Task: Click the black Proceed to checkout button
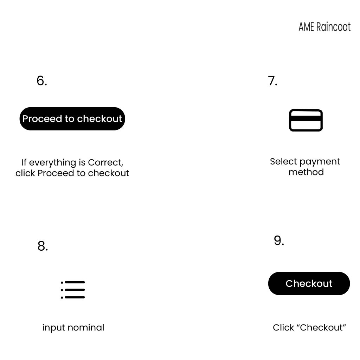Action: pyautogui.click(x=72, y=119)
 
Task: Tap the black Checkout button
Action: pyautogui.click(x=309, y=283)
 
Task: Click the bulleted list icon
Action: pyautogui.click(x=73, y=290)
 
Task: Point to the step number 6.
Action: pyautogui.click(x=42, y=81)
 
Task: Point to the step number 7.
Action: pyautogui.click(x=272, y=81)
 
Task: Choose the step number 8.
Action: pyautogui.click(x=43, y=246)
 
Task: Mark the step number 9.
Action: pyautogui.click(x=279, y=240)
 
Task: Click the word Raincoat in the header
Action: pyautogui.click(x=333, y=27)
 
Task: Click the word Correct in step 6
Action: pyautogui.click(x=105, y=162)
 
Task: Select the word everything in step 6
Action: pyautogui.click(x=53, y=163)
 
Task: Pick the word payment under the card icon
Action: pyautogui.click(x=320, y=162)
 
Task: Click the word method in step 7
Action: pyautogui.click(x=306, y=172)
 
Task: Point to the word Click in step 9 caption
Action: pyautogui.click(x=283, y=327)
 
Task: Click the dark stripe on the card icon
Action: pyautogui.click(x=306, y=118)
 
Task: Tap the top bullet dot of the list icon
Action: pyautogui.click(x=62, y=282)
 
